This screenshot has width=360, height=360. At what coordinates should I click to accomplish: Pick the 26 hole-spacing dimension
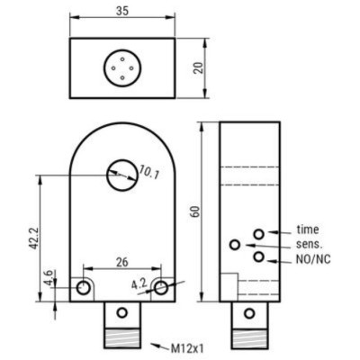[121, 262]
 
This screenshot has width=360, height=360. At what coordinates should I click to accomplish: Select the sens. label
[310, 244]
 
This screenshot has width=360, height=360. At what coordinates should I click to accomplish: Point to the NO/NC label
[312, 258]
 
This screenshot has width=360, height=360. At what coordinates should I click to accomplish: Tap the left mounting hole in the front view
[84, 288]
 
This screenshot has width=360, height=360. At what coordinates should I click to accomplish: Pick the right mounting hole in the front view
[159, 288]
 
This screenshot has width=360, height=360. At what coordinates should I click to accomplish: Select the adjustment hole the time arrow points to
[259, 233]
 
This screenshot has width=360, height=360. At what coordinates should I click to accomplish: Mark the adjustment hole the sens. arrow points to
[235, 244]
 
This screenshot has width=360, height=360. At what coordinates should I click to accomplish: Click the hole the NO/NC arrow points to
[259, 257]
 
